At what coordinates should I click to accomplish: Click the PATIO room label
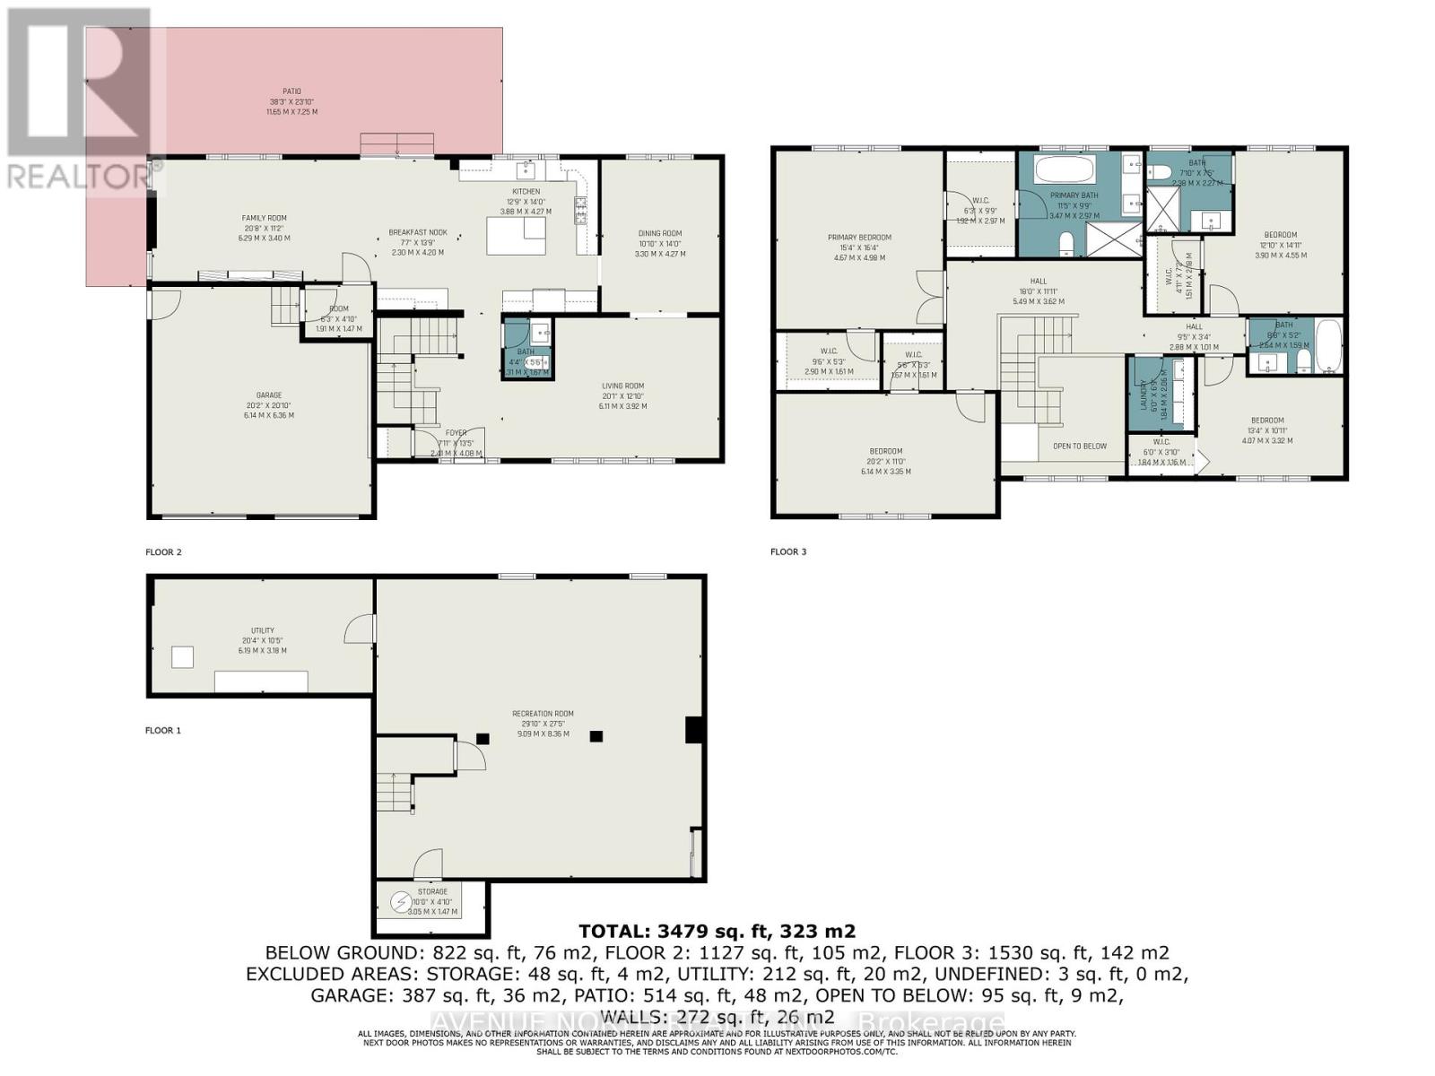click(x=291, y=91)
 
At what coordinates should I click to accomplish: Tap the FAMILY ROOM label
click(x=265, y=218)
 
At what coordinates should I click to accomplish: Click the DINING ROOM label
click(x=660, y=234)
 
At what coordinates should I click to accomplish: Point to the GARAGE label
click(x=268, y=395)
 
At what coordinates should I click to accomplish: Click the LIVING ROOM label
click(x=623, y=386)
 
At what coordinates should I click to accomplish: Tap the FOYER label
click(x=457, y=433)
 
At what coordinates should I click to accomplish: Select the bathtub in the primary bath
click(x=1064, y=169)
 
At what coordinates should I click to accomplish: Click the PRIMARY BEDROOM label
click(x=859, y=238)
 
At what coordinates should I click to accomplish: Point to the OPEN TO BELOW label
click(x=1080, y=446)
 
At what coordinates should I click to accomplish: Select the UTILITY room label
click(x=263, y=630)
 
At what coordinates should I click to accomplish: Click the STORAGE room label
click(x=432, y=891)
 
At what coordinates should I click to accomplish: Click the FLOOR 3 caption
click(x=788, y=551)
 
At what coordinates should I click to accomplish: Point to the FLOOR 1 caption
click(x=163, y=730)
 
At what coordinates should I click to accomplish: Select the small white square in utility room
click(x=182, y=657)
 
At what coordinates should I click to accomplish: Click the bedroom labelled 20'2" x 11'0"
click(x=885, y=451)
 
